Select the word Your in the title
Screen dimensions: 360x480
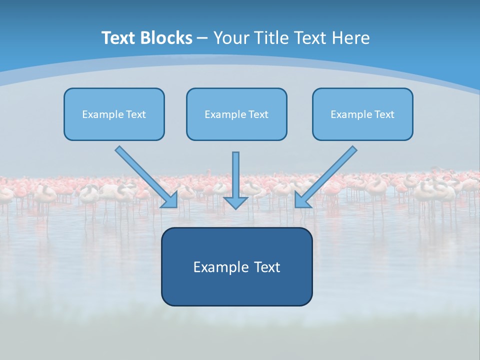click(231, 38)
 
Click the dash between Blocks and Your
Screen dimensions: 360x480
click(202, 38)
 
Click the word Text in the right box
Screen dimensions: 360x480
click(384, 114)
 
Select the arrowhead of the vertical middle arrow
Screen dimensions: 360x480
click(235, 202)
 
